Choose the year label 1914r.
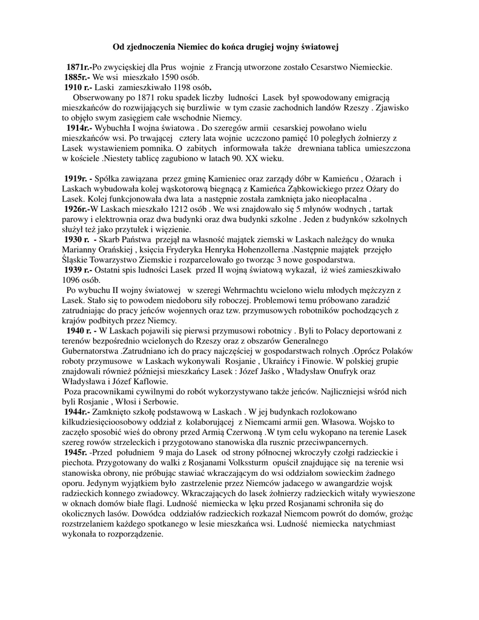[x=79, y=128]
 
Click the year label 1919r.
[x=77, y=179]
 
